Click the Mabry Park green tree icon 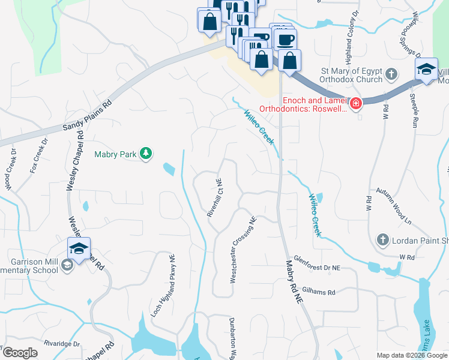point(145,154)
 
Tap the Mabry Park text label point(116,154)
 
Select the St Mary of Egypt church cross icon point(391,75)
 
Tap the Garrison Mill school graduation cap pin point(79,249)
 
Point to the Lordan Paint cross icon point(382,241)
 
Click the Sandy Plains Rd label point(88,116)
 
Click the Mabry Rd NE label point(291,283)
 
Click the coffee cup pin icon point(285,40)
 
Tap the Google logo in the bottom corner point(20,352)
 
